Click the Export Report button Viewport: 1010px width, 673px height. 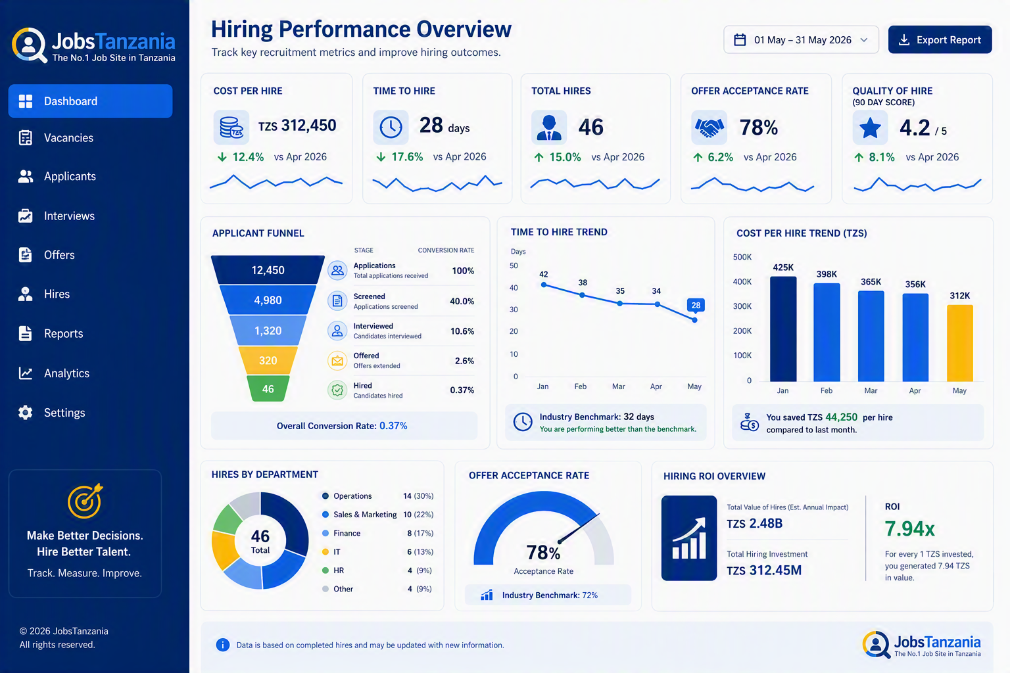pos(940,39)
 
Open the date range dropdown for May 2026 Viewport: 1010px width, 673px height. pos(801,39)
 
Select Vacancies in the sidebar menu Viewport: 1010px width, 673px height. pos(68,138)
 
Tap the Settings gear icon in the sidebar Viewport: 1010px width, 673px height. pos(25,413)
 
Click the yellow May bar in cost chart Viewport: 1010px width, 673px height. pos(959,343)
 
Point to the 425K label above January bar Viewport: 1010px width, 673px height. pos(783,267)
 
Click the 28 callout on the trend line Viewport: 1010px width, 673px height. pos(696,305)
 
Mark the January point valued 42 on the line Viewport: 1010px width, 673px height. pos(544,285)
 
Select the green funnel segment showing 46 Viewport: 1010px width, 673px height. pos(268,388)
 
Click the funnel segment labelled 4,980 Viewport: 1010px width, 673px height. pos(268,300)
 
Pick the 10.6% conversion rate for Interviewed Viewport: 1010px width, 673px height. pos(462,331)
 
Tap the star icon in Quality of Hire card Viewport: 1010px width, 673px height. pos(870,128)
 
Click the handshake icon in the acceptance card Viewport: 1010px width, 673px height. pos(709,128)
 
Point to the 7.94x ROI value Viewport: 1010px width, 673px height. pos(909,528)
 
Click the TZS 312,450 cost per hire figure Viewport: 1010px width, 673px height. pos(297,126)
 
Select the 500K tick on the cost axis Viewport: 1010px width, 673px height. pos(742,257)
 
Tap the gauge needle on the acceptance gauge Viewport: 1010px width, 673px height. pos(579,528)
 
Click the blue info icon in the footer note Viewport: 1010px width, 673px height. pos(223,645)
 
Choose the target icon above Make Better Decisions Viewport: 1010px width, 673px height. pos(85,501)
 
